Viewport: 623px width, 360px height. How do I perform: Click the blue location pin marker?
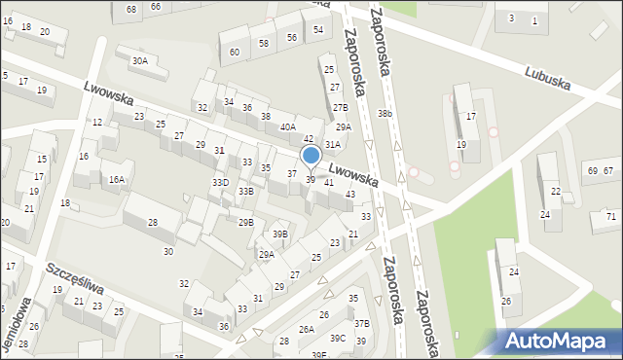click(x=311, y=156)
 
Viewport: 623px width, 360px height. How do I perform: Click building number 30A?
click(x=140, y=60)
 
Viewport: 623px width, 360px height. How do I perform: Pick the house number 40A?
click(x=288, y=126)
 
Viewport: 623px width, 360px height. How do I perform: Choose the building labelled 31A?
click(x=333, y=144)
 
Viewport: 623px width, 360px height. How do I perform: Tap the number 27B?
click(x=340, y=107)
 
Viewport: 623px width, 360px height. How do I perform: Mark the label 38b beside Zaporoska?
click(x=385, y=114)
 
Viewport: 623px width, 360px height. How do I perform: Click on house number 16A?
click(x=117, y=179)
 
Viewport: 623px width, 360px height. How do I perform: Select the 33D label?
click(x=220, y=183)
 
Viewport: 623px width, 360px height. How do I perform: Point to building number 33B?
click(x=246, y=191)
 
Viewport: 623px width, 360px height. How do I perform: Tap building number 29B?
click(x=246, y=223)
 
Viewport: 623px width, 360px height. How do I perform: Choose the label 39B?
click(x=280, y=234)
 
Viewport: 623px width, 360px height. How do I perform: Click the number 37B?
click(x=362, y=323)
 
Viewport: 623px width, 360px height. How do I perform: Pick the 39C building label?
click(x=337, y=338)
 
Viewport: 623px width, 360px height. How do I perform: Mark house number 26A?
click(x=307, y=330)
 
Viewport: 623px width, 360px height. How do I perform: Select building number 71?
click(x=610, y=216)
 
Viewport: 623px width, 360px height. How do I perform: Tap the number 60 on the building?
click(x=235, y=52)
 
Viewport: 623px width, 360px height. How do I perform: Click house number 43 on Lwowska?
click(x=349, y=194)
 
